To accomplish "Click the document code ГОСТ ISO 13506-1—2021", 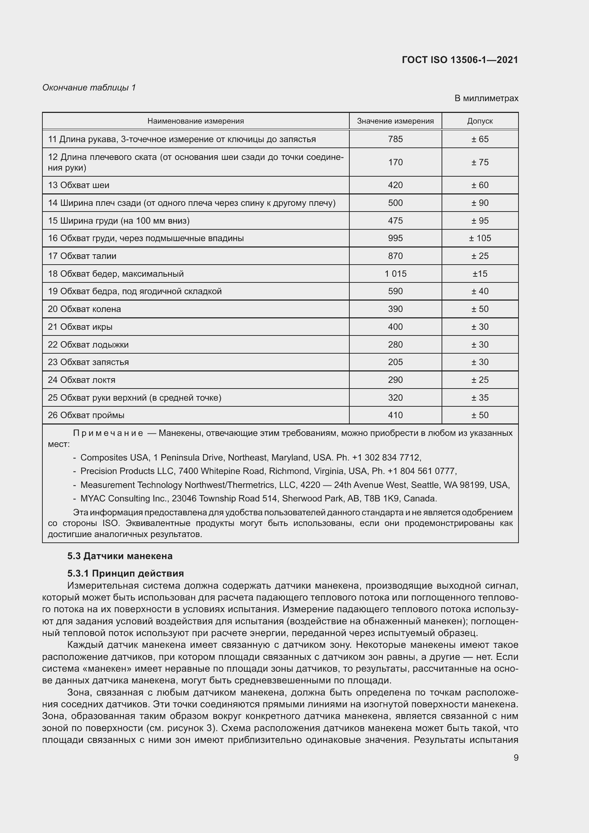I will (460, 60).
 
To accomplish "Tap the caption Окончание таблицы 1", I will (89, 88).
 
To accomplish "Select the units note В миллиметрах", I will (486, 98).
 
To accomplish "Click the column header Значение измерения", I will (395, 121).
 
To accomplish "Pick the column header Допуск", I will (479, 121).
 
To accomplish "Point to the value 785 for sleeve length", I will (395, 139).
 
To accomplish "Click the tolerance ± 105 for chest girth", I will (479, 238).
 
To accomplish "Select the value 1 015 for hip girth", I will (395, 274).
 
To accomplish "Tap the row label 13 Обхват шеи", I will (78, 186).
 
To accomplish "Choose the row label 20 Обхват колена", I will (84, 309).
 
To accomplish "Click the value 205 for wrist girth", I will (395, 362).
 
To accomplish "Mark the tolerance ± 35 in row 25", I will (479, 398).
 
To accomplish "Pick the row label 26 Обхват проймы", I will (86, 415).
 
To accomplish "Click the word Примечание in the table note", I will (108, 433).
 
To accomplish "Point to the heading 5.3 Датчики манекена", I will (120, 556).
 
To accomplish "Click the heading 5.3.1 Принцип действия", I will (125, 574).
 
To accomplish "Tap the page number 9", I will (516, 757).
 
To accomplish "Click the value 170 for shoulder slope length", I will (395, 162).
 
